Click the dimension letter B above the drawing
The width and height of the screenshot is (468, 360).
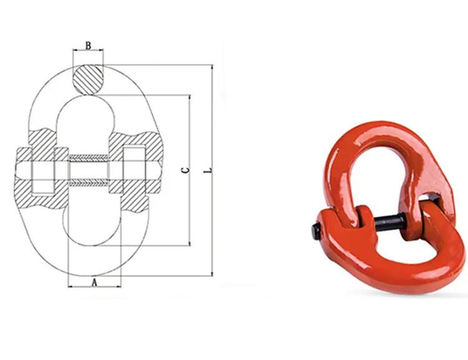point(89,46)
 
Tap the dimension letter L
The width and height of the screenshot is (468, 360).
point(207,170)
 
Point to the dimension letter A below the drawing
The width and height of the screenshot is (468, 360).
point(94,282)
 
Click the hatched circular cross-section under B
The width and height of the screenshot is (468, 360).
point(89,80)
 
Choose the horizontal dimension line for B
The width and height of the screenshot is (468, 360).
point(89,51)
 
